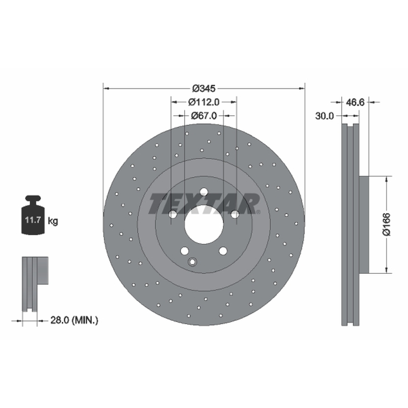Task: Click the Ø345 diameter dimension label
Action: tap(203, 88)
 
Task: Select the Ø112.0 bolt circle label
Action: tap(203, 102)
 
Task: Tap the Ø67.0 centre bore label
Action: tap(203, 115)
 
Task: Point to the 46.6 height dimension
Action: tap(355, 103)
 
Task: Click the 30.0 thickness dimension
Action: tap(324, 116)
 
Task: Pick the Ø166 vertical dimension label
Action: tap(387, 224)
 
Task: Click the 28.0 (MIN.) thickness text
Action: tap(74, 320)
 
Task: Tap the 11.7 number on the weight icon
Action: tap(33, 220)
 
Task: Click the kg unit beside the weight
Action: tap(53, 221)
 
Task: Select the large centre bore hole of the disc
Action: tap(204, 224)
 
